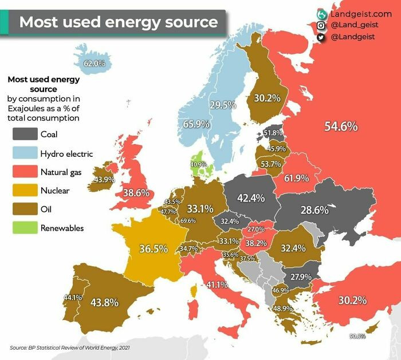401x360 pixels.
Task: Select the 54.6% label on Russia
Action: point(341,126)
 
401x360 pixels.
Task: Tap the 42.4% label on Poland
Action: point(250,198)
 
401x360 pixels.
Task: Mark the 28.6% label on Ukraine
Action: point(314,209)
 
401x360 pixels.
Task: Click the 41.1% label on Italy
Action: point(218,284)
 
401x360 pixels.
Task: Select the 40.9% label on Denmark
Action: point(198,165)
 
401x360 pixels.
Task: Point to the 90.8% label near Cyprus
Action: point(357,336)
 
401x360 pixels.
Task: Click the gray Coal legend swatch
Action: point(23,134)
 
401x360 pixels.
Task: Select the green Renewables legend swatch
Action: point(23,228)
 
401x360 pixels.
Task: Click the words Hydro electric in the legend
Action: point(66,153)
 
